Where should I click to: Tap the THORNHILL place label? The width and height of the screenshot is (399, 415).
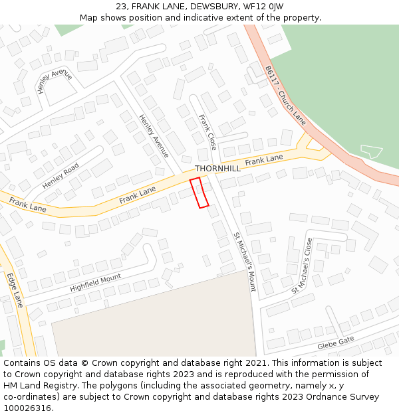pyautogui.click(x=217, y=169)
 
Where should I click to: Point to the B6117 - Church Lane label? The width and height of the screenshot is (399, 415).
pyautogui.click(x=285, y=95)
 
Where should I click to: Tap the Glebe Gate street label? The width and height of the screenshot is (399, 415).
pyautogui.click(x=336, y=343)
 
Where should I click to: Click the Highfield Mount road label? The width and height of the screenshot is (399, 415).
pyautogui.click(x=96, y=283)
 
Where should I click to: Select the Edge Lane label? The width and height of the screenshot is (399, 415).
pyautogui.click(x=15, y=290)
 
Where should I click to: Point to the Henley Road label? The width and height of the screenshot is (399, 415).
pyautogui.click(x=61, y=175)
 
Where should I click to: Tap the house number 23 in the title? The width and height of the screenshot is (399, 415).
pyautogui.click(x=121, y=7)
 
